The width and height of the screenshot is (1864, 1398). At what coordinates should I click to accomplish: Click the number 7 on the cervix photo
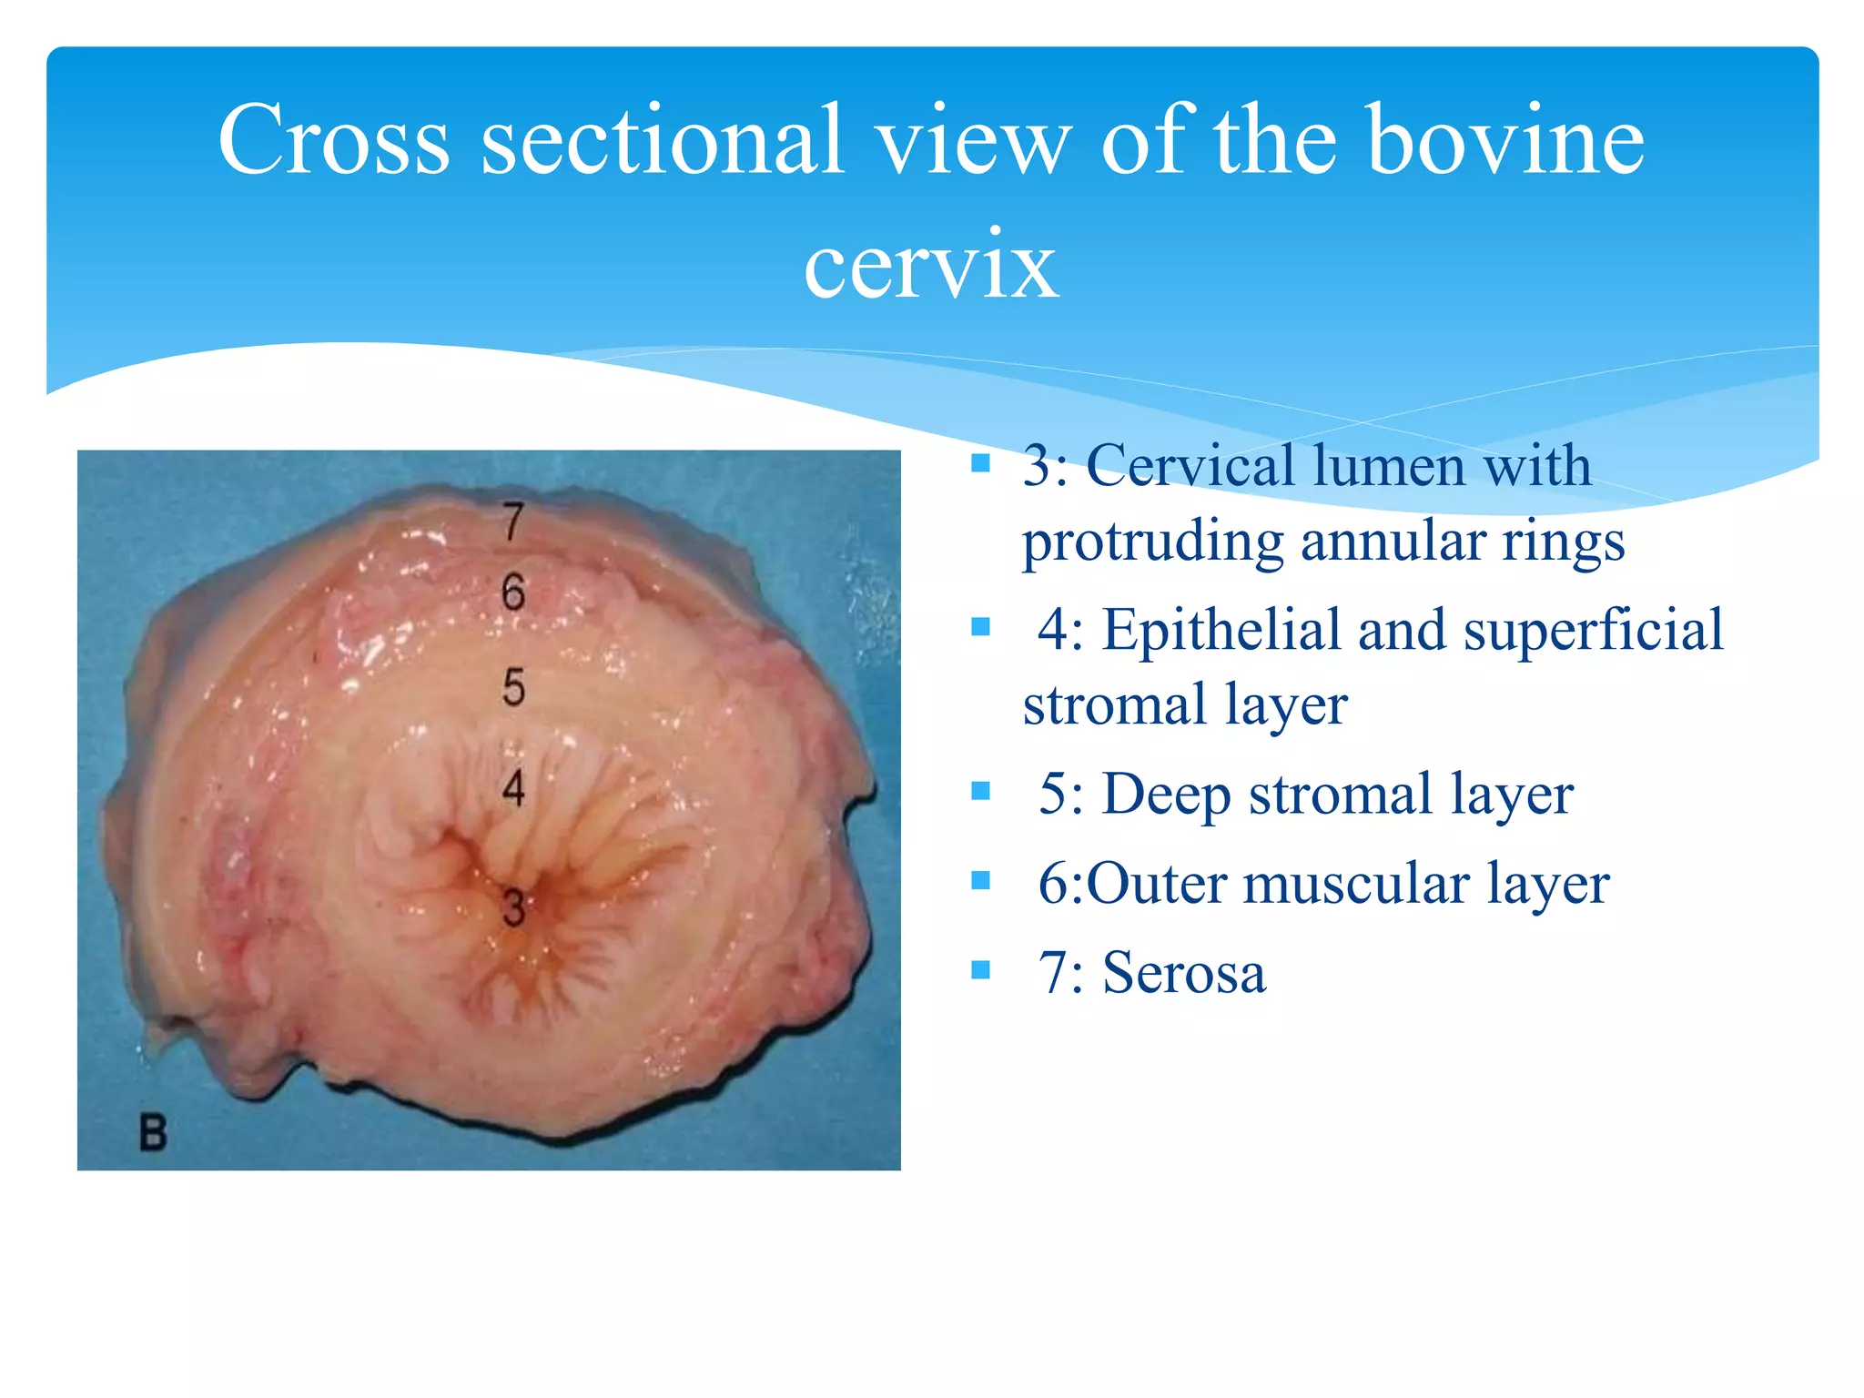click(x=513, y=522)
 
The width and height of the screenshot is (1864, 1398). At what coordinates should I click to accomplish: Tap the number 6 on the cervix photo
click(x=513, y=593)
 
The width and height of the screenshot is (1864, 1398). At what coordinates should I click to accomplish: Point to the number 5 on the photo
click(x=513, y=687)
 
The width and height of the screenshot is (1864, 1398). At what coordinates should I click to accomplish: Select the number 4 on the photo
click(x=513, y=787)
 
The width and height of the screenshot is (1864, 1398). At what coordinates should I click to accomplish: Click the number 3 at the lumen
click(x=513, y=908)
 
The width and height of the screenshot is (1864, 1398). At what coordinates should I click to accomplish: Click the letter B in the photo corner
click(x=153, y=1133)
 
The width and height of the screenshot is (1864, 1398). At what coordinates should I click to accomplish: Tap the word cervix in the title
click(x=930, y=264)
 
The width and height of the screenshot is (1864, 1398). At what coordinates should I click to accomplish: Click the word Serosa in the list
click(x=1183, y=972)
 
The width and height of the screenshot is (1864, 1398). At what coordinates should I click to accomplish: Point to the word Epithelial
click(x=1221, y=629)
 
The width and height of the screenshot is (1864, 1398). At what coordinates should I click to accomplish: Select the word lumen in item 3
click(x=1389, y=465)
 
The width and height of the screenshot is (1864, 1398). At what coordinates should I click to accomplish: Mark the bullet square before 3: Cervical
click(x=980, y=463)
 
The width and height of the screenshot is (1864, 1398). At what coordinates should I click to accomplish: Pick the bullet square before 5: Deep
click(x=980, y=790)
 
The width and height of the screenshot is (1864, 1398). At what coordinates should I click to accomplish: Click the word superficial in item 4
click(x=1593, y=629)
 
